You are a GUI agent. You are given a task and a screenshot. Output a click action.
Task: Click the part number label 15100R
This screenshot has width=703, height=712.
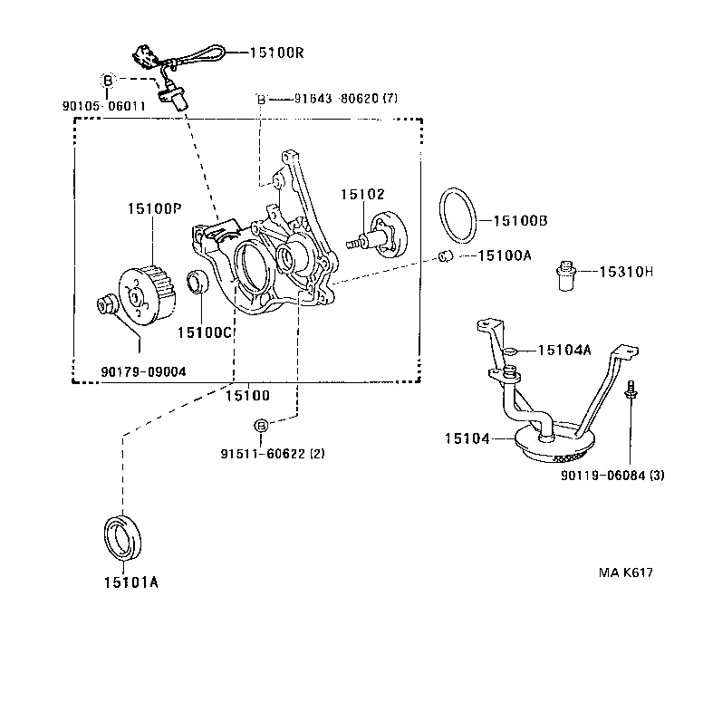272,53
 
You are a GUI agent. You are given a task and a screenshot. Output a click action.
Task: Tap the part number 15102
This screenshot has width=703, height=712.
362,194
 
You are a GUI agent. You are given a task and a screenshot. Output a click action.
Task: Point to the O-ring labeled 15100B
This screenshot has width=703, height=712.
458,216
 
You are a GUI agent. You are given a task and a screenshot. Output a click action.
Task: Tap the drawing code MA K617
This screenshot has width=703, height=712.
625,572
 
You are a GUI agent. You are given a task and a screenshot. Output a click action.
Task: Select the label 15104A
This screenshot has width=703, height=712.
563,350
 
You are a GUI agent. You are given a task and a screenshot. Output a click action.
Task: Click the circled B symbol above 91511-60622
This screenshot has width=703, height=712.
260,426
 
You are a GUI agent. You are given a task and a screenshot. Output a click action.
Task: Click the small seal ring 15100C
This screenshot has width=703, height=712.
197,282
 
